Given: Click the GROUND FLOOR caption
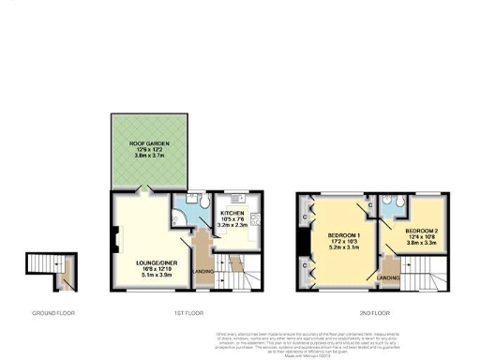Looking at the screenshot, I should (x=54, y=311).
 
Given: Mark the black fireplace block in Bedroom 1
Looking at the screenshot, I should (x=303, y=243).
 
